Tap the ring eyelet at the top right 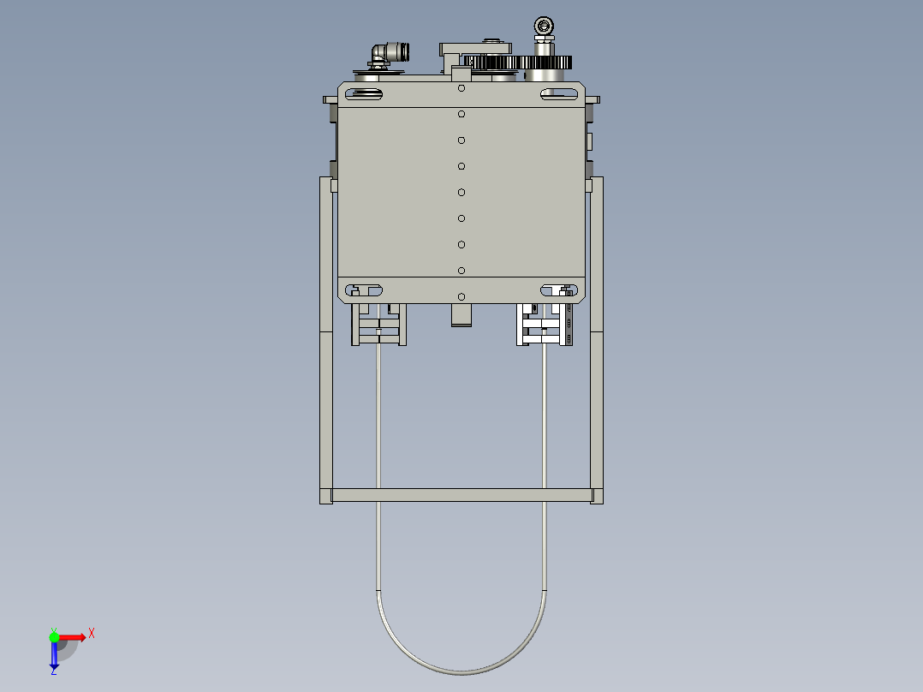pos(543,26)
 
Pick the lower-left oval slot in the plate pos(365,290)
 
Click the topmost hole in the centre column pos(461,88)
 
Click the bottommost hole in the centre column pos(461,296)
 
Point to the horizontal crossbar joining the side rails pos(461,495)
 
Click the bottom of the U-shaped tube pos(461,671)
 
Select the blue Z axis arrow pos(54,656)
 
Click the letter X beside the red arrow pos(92,634)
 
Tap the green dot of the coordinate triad pos(54,636)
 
